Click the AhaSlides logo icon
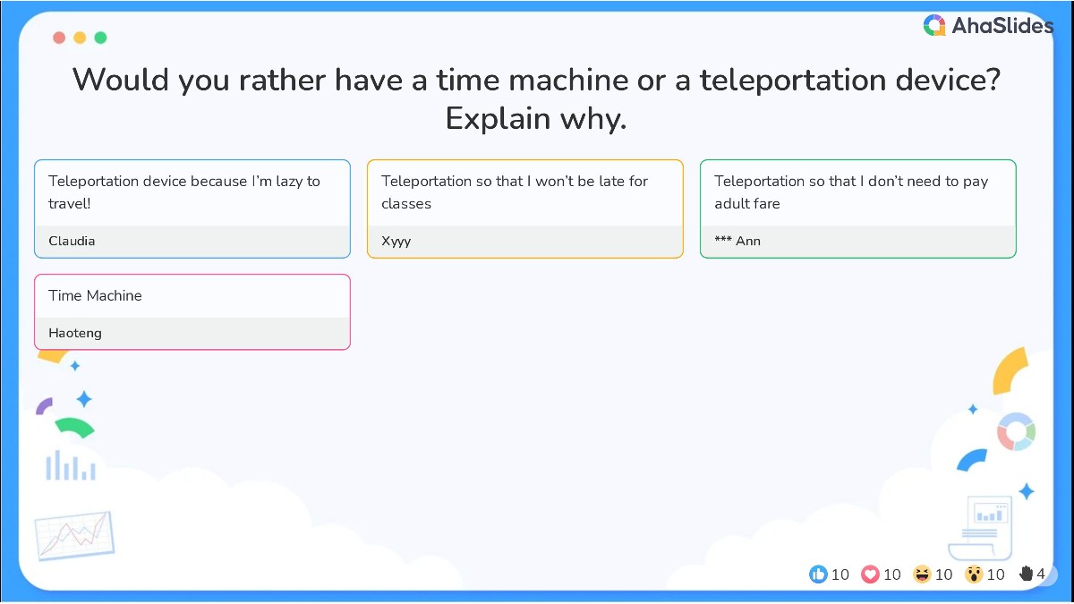pyautogui.click(x=934, y=26)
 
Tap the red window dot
pyautogui.click(x=59, y=38)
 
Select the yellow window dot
pyautogui.click(x=80, y=38)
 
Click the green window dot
pyautogui.click(x=100, y=38)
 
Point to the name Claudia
pyautogui.click(x=72, y=241)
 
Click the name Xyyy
pyautogui.click(x=396, y=241)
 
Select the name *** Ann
pyautogui.click(x=737, y=241)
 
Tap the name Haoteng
pyautogui.click(x=75, y=333)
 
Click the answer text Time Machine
pyautogui.click(x=95, y=295)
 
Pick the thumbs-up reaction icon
pyautogui.click(x=818, y=574)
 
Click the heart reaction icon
pyautogui.click(x=870, y=574)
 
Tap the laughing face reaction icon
pyautogui.click(x=922, y=574)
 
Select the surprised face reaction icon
pyautogui.click(x=974, y=574)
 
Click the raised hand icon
pyautogui.click(x=1026, y=574)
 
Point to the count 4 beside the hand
pyautogui.click(x=1041, y=574)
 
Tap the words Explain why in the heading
pyautogui.click(x=535, y=118)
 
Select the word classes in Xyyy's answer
pyautogui.click(x=406, y=203)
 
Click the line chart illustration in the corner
pyautogui.click(x=74, y=536)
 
